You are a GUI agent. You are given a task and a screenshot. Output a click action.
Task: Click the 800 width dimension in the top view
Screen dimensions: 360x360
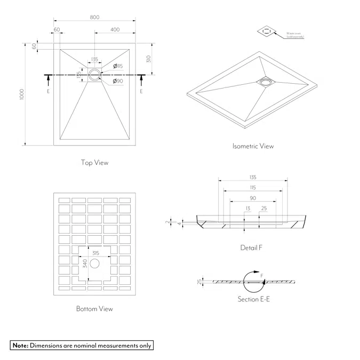coord(94,17)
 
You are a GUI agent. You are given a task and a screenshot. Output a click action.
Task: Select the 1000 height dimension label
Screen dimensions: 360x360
coord(21,94)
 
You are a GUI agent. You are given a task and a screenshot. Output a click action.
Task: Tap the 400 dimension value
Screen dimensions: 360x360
coord(115,29)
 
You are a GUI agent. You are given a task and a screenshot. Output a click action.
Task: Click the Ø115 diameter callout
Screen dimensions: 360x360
coord(118,66)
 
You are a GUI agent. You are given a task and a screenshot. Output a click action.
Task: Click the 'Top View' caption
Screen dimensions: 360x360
coord(94,163)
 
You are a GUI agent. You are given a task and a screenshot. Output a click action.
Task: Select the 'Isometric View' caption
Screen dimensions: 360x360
coord(253,146)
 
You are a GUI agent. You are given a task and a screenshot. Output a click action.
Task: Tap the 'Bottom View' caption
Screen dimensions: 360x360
coord(94,309)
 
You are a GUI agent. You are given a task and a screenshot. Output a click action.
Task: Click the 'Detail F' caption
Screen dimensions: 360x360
coord(251,248)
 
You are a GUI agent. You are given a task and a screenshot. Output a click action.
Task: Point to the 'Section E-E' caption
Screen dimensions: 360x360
coord(254,299)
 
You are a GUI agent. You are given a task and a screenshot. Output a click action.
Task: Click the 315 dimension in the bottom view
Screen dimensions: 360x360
coord(95,253)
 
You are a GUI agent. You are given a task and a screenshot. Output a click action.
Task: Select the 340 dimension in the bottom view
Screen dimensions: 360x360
coord(84,263)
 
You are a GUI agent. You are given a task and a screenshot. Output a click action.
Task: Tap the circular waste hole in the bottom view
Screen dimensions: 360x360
coord(95,263)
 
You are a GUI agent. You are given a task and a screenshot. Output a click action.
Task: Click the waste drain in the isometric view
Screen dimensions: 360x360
coord(265,82)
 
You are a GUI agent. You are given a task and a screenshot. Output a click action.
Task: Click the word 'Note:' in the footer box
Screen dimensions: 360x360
coord(20,345)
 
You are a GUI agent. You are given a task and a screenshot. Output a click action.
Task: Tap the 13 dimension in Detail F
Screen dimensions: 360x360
coord(248,208)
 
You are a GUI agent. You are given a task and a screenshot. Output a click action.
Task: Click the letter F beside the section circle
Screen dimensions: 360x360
coord(262,276)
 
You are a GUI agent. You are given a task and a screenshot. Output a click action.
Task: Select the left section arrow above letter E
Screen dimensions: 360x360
coord(49,81)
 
